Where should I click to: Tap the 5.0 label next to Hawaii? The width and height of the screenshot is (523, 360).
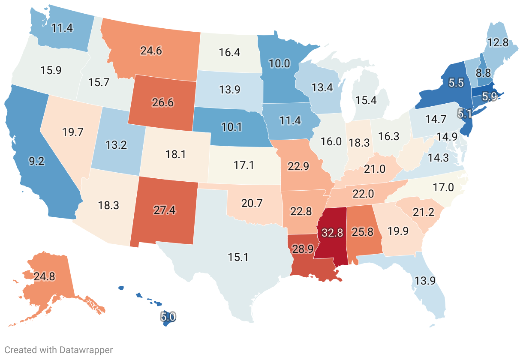click(x=168, y=317)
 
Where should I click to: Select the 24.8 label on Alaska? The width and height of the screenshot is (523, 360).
click(x=45, y=276)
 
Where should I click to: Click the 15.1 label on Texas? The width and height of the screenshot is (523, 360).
click(x=239, y=257)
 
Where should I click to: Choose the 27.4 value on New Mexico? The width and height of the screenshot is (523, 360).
click(x=165, y=210)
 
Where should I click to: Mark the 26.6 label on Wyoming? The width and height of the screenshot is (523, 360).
click(x=163, y=103)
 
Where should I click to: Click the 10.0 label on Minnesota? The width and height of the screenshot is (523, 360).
click(x=280, y=63)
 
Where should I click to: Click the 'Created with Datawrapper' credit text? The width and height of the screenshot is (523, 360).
click(x=59, y=350)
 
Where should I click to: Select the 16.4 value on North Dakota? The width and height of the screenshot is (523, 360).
click(x=229, y=53)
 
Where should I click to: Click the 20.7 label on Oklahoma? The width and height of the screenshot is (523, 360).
click(x=252, y=204)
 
